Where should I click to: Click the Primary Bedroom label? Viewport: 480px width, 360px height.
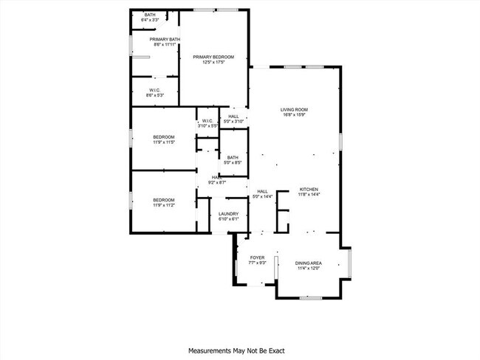pyautogui.click(x=213, y=57)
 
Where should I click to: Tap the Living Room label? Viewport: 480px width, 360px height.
pyautogui.click(x=293, y=110)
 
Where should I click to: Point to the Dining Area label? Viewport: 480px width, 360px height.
pyautogui.click(x=308, y=263)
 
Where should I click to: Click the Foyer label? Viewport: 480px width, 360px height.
pyautogui.click(x=257, y=257)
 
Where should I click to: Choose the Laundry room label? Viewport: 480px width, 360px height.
pyautogui.click(x=227, y=214)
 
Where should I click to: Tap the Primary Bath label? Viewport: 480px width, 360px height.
pyautogui.click(x=165, y=39)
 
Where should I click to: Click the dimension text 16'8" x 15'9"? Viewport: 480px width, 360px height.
pyautogui.click(x=293, y=115)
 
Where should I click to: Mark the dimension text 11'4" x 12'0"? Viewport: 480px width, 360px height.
pyautogui.click(x=308, y=269)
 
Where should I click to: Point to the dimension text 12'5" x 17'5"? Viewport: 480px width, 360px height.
pyautogui.click(x=213, y=62)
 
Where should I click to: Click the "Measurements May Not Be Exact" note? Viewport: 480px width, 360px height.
pyautogui.click(x=236, y=351)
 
